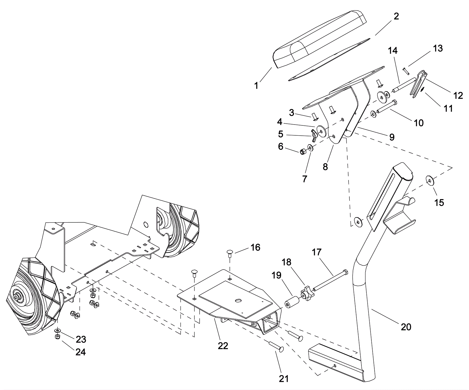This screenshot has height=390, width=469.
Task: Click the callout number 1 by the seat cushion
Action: coord(256,86)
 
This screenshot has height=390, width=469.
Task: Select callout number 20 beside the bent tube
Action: coord(406,326)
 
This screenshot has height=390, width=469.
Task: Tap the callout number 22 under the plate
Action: coord(223,346)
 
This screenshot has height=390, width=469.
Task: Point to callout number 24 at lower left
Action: coord(81,352)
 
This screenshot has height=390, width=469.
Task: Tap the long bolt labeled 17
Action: coord(330,280)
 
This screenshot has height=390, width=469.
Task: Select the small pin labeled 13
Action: coord(405,71)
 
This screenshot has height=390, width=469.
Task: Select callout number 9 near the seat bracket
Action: coord(392,137)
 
